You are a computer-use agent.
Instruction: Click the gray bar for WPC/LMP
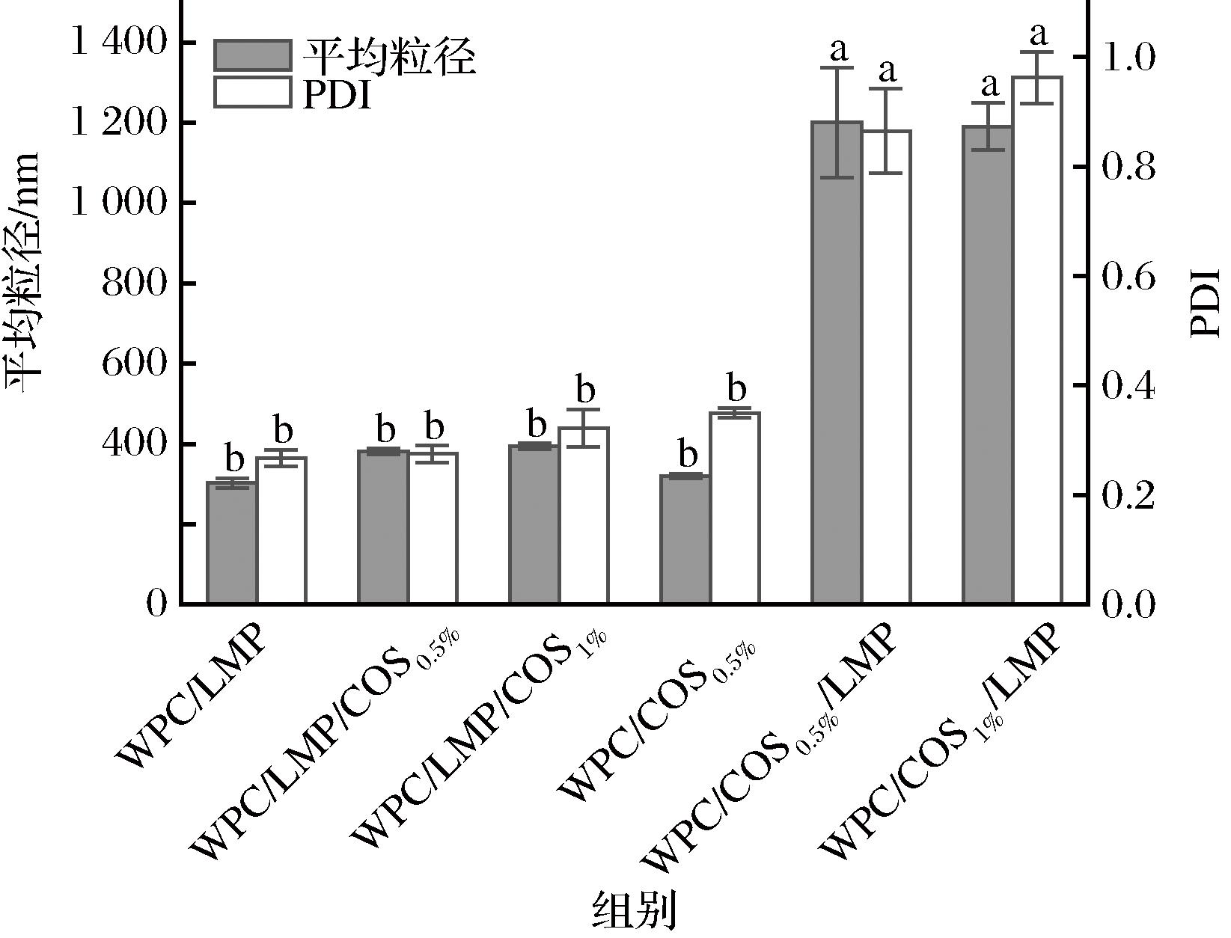click(232, 543)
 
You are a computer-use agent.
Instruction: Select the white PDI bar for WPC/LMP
click(281, 530)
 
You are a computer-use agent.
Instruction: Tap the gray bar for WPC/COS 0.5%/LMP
click(837, 363)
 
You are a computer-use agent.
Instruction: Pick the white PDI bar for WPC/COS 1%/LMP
click(1037, 340)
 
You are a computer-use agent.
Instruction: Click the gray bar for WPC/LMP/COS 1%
click(534, 524)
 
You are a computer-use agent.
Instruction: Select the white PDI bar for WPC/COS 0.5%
click(735, 508)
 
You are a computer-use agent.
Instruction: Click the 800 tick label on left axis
click(132, 283)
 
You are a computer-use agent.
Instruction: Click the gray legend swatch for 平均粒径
click(252, 55)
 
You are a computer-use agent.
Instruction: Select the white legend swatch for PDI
click(252, 92)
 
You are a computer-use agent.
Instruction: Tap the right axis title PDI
click(1204, 302)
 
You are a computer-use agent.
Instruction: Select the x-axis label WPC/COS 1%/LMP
click(941, 741)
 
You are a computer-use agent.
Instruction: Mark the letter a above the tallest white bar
click(1039, 34)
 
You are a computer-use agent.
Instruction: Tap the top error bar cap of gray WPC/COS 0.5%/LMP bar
click(837, 68)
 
